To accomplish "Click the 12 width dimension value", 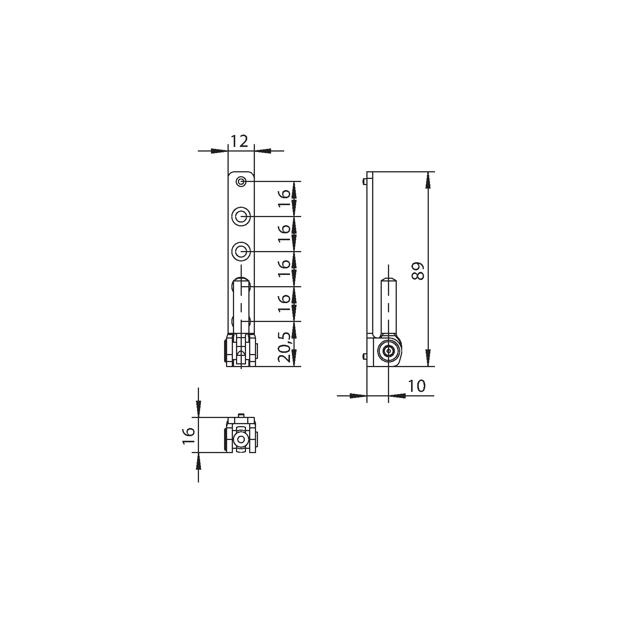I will click(x=240, y=142).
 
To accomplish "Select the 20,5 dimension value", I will click(x=285, y=348).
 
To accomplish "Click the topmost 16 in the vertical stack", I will click(x=285, y=199).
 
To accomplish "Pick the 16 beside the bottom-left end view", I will click(x=189, y=436).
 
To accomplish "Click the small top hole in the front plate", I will click(x=241, y=181).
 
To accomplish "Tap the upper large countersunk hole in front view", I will click(x=241, y=217).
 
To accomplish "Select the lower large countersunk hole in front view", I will click(x=241, y=252).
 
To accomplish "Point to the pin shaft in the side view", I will click(x=388, y=305).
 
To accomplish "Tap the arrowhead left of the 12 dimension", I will click(x=219, y=151).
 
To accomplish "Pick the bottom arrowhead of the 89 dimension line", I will click(x=428, y=358).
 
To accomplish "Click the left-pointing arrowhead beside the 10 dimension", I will click(x=397, y=395).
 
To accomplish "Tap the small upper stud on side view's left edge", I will click(x=365, y=181).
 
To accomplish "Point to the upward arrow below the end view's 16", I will click(x=198, y=461).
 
